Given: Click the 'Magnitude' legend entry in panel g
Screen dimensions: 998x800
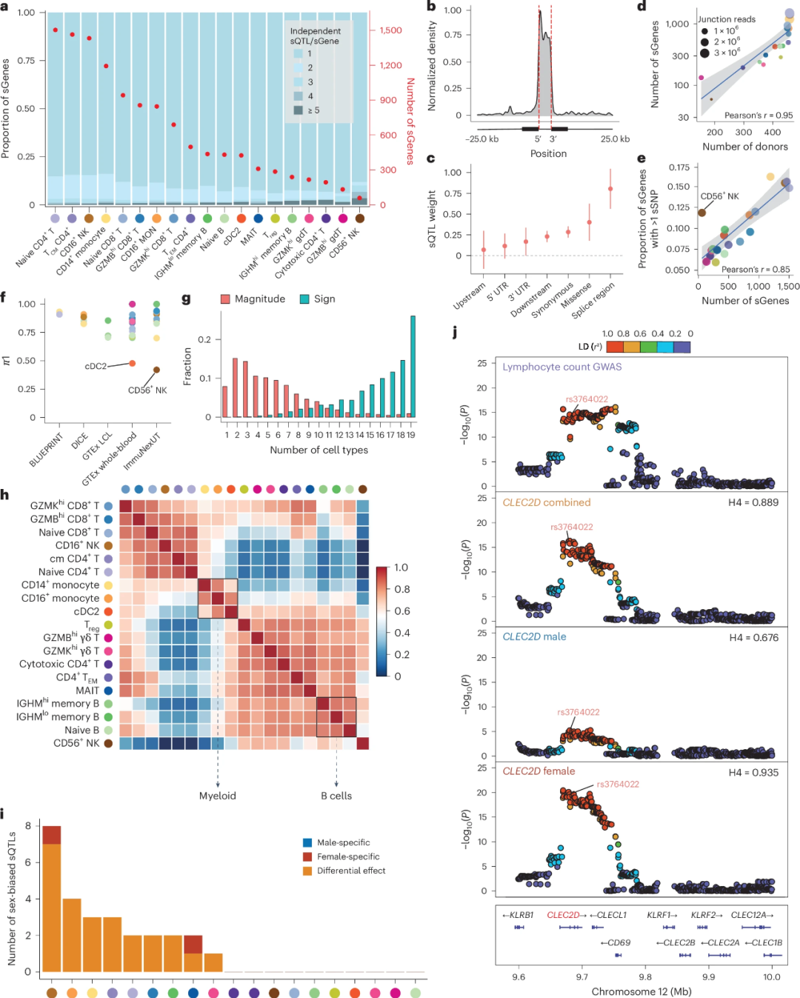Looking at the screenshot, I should (259, 299).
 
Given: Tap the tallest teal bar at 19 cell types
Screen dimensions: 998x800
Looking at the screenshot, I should (413, 367).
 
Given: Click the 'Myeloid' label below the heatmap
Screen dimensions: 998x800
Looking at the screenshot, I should (218, 796).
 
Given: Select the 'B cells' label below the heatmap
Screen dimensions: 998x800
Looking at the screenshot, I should (336, 796).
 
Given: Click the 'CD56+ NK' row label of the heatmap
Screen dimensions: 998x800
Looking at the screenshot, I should (76, 743).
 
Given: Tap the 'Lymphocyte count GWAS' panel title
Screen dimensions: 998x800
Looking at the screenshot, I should (562, 367).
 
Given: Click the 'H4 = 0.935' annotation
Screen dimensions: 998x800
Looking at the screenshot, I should (753, 772).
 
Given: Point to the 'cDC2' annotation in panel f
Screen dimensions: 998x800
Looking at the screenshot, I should (96, 366).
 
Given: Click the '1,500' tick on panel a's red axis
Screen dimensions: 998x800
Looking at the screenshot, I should (390, 30).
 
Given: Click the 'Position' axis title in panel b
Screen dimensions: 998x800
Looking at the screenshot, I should (548, 153).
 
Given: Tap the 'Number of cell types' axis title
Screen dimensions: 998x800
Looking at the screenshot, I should (319, 450).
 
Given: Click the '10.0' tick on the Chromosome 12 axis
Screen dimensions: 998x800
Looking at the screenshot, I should (772, 977).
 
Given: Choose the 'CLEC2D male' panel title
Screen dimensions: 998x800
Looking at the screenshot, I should (534, 636).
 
